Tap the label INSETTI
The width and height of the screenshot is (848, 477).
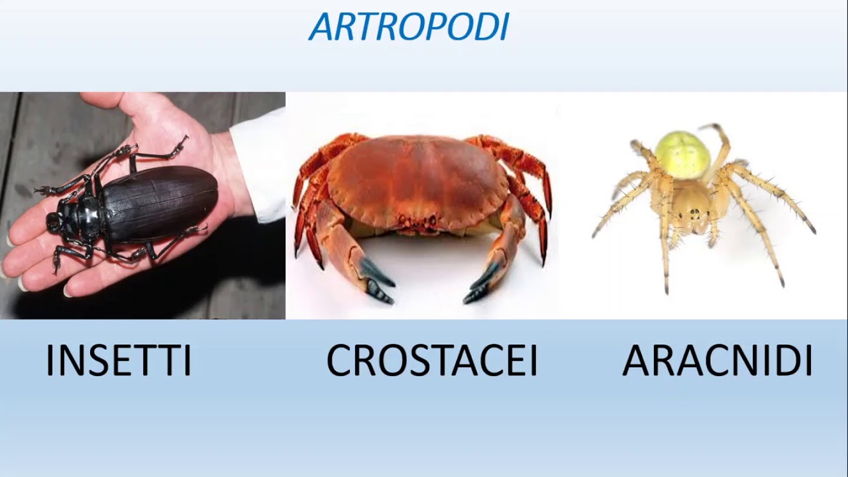[x=118, y=361]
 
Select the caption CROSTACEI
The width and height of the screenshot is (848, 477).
[x=432, y=361]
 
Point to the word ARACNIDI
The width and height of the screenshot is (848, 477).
[x=717, y=361]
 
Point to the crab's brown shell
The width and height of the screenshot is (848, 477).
[x=417, y=176]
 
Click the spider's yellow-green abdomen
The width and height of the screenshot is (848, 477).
[x=683, y=154]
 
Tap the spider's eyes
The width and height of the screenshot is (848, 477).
[x=694, y=215]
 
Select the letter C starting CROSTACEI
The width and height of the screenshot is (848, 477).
[x=341, y=361]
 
